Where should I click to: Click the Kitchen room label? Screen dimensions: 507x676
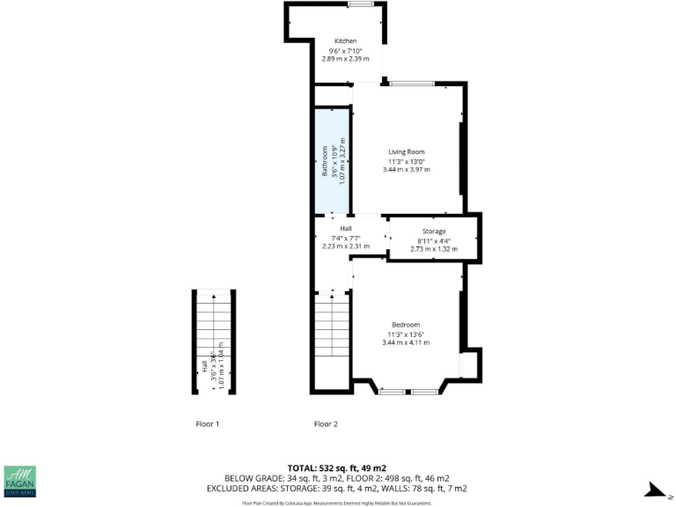pyautogui.click(x=345, y=41)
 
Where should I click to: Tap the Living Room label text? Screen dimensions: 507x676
pyautogui.click(x=407, y=152)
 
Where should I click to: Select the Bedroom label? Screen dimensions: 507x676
pyautogui.click(x=406, y=324)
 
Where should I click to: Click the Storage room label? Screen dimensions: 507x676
pyautogui.click(x=434, y=231)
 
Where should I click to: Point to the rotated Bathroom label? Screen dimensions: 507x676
pyautogui.click(x=324, y=161)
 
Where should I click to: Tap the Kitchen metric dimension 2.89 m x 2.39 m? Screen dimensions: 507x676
pyautogui.click(x=345, y=59)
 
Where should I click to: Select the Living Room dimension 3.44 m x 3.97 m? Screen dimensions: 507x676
pyautogui.click(x=407, y=170)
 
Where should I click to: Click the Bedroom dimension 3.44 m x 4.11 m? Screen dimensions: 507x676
pyautogui.click(x=406, y=342)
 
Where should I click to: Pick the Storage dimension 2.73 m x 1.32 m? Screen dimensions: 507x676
pyautogui.click(x=434, y=249)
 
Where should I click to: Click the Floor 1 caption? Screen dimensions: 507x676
pyautogui.click(x=207, y=424)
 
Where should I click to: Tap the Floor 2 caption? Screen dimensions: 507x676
pyautogui.click(x=326, y=424)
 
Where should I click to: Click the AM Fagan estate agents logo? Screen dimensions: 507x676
pyautogui.click(x=20, y=483)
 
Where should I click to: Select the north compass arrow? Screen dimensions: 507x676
pyautogui.click(x=656, y=489)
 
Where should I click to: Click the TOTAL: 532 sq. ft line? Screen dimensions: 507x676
pyautogui.click(x=338, y=467)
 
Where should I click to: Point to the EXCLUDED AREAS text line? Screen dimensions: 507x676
pyautogui.click(x=338, y=488)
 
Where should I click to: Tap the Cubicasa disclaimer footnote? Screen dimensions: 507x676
pyautogui.click(x=338, y=503)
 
